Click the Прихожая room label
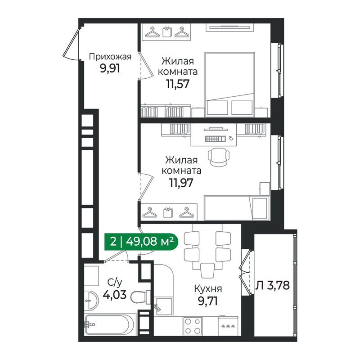(110, 57)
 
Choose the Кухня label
(207, 289)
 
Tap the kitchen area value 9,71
(207, 301)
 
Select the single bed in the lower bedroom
(237, 207)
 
